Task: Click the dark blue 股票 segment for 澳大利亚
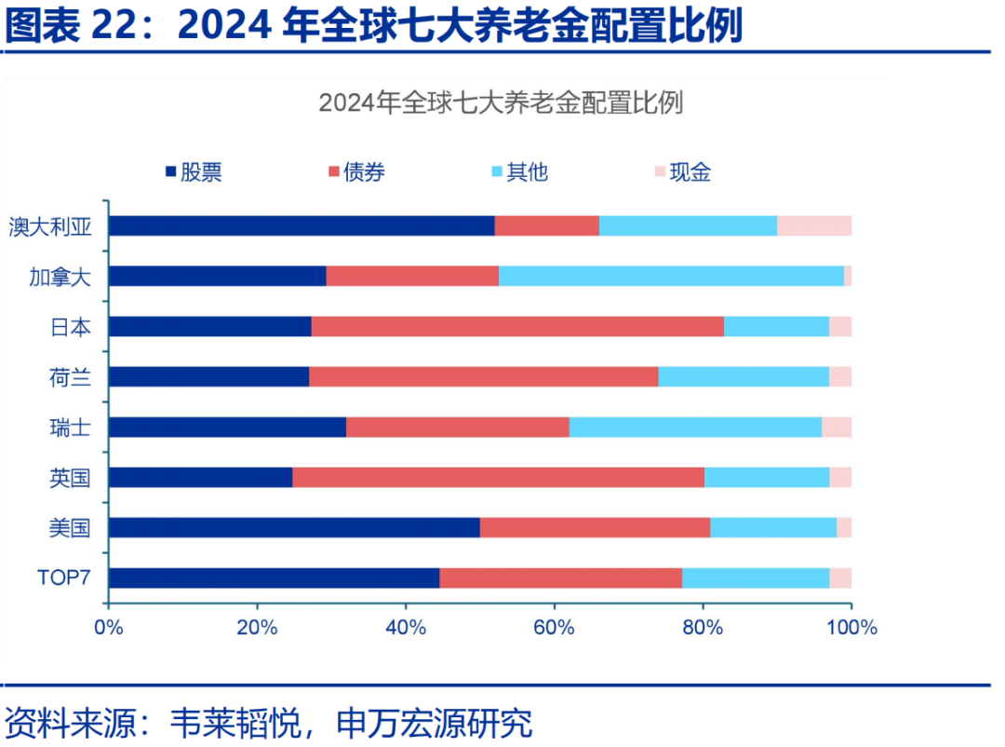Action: point(301,225)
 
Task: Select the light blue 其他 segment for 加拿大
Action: point(671,276)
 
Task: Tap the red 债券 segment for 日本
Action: point(517,326)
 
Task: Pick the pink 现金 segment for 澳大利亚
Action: point(814,225)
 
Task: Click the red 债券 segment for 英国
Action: point(498,477)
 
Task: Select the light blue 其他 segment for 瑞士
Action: point(695,427)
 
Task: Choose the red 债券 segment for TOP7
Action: point(560,577)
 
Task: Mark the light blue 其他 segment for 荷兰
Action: point(744,376)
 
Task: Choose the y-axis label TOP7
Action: point(63,578)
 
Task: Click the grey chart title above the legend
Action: point(501,102)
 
